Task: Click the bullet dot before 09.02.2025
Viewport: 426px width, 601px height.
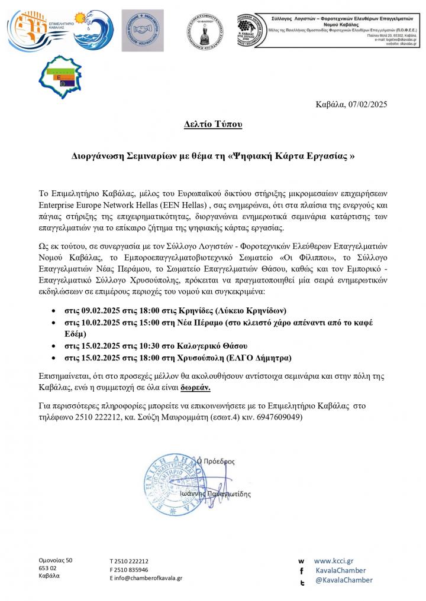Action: (54, 310)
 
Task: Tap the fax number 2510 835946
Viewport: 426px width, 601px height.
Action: (133, 570)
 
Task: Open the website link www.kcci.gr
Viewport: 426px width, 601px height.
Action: (333, 560)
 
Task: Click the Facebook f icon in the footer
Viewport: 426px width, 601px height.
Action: (302, 571)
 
